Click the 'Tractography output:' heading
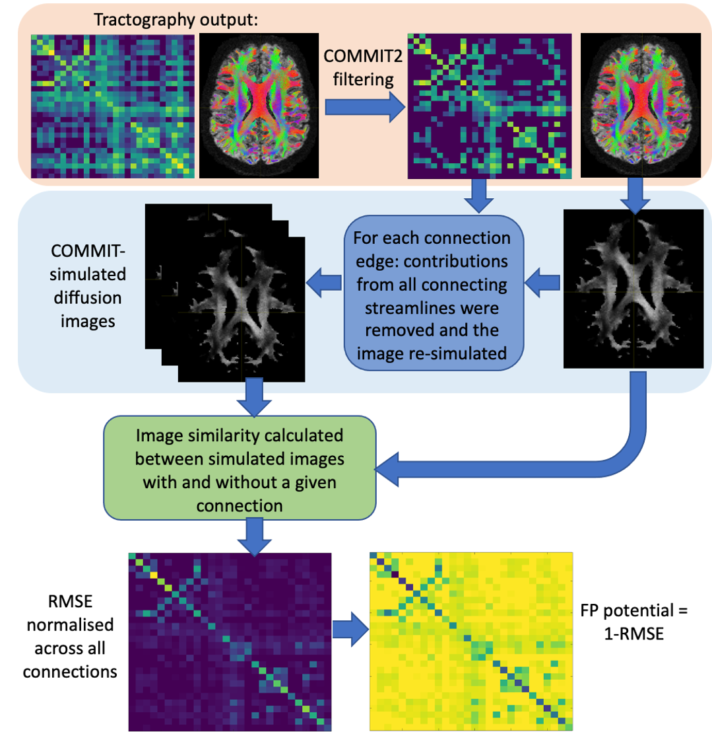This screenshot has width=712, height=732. click(176, 20)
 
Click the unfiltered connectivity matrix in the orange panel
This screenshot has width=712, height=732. click(113, 106)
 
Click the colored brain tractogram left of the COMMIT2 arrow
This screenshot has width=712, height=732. click(259, 106)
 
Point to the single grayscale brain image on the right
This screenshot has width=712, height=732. click(633, 288)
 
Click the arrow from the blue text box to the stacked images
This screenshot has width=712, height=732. click(326, 283)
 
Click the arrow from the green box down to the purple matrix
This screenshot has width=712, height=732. click(253, 535)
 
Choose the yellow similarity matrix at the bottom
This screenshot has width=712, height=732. click(470, 641)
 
